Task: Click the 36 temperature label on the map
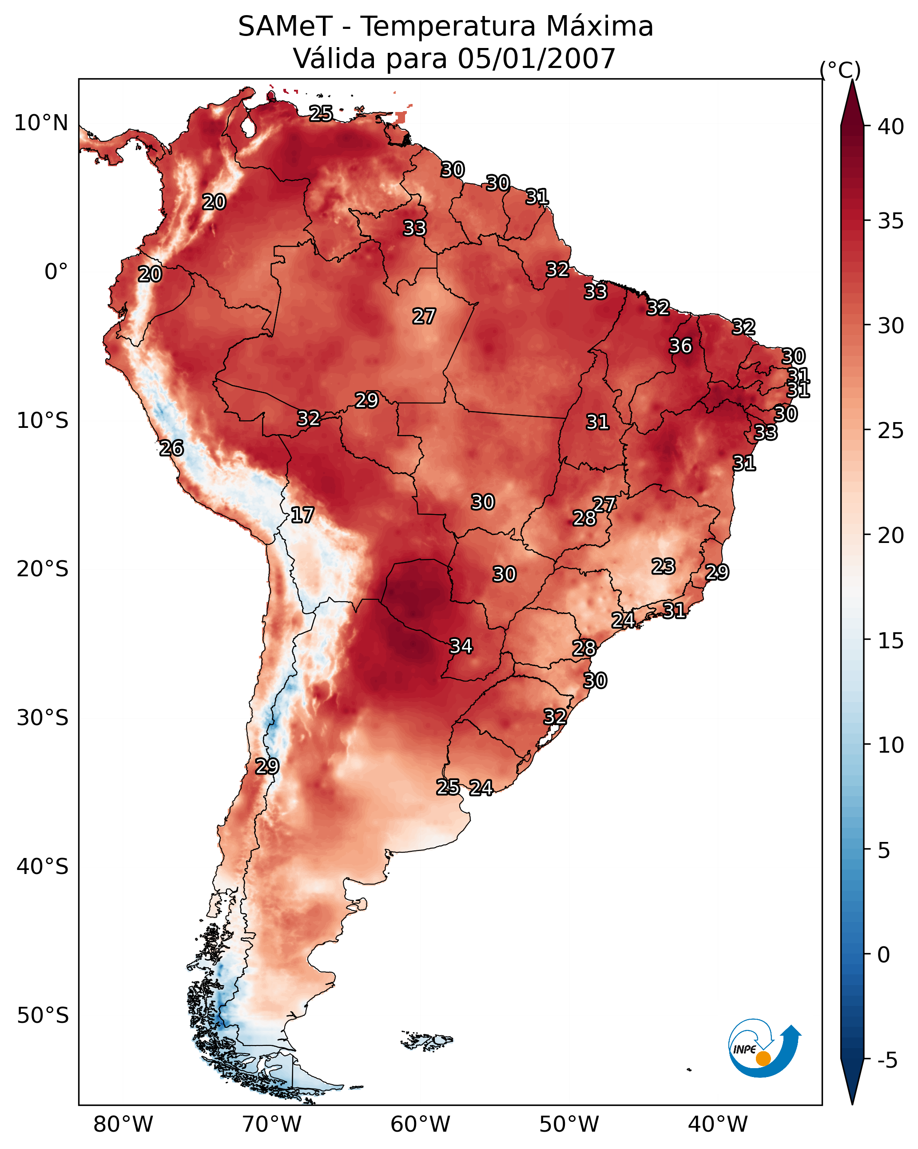pos(680,346)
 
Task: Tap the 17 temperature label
pos(302,515)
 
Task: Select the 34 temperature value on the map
pos(461,646)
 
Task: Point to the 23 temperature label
pos(664,566)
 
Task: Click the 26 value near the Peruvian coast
pos(171,448)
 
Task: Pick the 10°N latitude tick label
pos(41,123)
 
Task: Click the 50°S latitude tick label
pos(43,1015)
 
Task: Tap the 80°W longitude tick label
pos(123,1124)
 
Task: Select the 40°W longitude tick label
pos(718,1124)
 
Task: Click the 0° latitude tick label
pos(56,272)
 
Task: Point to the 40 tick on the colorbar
pos(891,127)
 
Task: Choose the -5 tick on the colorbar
pos(887,1061)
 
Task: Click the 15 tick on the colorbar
pos(891,641)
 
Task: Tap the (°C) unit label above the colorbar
pos(840,70)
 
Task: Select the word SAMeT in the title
pos(286,27)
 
